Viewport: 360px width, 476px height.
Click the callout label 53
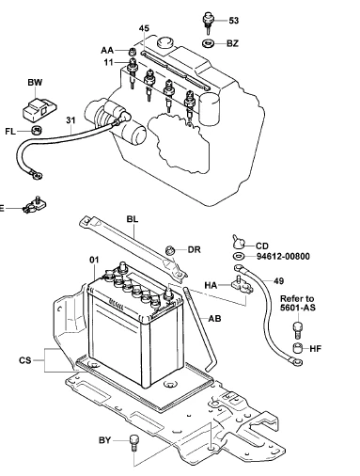[234, 21]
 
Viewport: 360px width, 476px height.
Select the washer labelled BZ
[208, 43]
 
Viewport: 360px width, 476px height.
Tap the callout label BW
[35, 83]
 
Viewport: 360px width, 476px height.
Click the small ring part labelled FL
[37, 130]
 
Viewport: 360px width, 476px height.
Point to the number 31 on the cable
[70, 120]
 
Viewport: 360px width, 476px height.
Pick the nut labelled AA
[133, 51]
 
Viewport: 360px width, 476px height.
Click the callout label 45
[144, 28]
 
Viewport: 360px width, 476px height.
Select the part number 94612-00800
[283, 257]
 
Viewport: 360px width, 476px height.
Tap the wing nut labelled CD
[240, 242]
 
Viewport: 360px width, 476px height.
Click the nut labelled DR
[170, 251]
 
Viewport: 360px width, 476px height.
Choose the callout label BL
[133, 219]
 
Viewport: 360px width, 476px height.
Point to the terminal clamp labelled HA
[243, 285]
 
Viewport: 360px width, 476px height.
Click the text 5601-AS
[298, 308]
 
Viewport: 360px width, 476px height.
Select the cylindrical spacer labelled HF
[297, 348]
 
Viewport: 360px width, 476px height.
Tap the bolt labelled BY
[133, 443]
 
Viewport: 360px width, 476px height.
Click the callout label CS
[25, 360]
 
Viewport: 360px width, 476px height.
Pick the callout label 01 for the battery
[94, 260]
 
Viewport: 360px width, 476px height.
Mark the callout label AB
[214, 319]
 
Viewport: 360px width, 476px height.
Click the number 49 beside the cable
[278, 281]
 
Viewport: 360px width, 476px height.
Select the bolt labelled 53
[208, 23]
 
